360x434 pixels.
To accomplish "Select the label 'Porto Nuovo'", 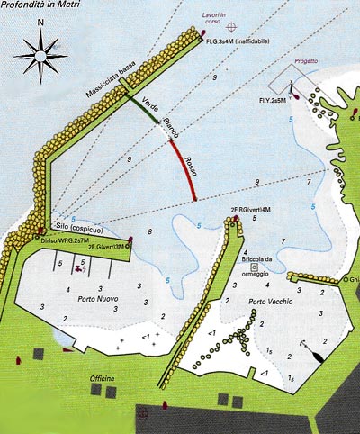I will click(98, 300).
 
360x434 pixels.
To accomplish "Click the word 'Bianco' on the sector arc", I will click(169, 131).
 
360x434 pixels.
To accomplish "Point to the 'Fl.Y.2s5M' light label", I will click(272, 101).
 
